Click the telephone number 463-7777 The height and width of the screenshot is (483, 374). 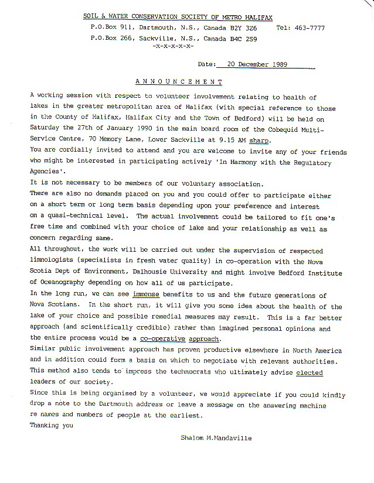coord(309,28)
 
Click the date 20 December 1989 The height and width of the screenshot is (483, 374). coord(253,64)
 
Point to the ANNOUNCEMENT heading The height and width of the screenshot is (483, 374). coord(179,81)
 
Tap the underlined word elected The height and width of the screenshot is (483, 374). coord(309,372)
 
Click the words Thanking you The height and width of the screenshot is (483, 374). coord(51,426)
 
